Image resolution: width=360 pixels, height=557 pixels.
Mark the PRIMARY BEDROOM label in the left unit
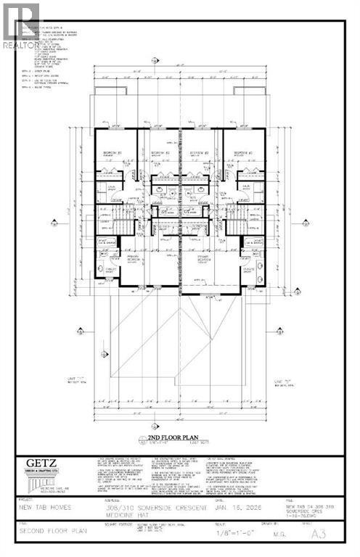[x=135, y=259]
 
